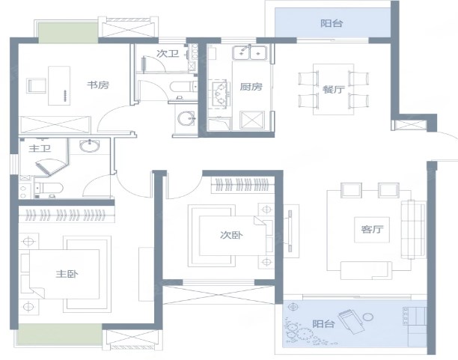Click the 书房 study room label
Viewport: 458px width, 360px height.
tap(98, 85)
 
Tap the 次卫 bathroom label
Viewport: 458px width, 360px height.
tap(168, 53)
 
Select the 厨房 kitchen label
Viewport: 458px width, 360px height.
tap(251, 87)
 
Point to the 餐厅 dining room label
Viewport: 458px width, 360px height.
tap(334, 89)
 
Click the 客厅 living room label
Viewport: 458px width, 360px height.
tap(372, 229)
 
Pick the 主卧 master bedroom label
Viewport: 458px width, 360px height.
tap(67, 274)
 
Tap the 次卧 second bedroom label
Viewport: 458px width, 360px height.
tap(231, 235)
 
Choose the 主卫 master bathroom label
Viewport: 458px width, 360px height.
tap(40, 148)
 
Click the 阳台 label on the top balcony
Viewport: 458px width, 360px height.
tap(332, 23)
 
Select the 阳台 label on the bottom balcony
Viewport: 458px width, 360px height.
tap(323, 324)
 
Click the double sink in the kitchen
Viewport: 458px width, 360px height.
tap(250, 53)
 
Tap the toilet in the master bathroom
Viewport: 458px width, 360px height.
tap(49, 189)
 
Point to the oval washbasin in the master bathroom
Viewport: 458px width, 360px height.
tap(90, 145)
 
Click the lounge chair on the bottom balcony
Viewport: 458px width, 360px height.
tap(351, 321)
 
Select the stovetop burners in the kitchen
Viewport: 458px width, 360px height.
tap(219, 94)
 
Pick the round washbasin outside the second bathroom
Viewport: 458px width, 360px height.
tap(186, 118)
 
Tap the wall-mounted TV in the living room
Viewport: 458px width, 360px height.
tap(290, 231)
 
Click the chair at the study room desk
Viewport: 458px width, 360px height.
tap(37, 85)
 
